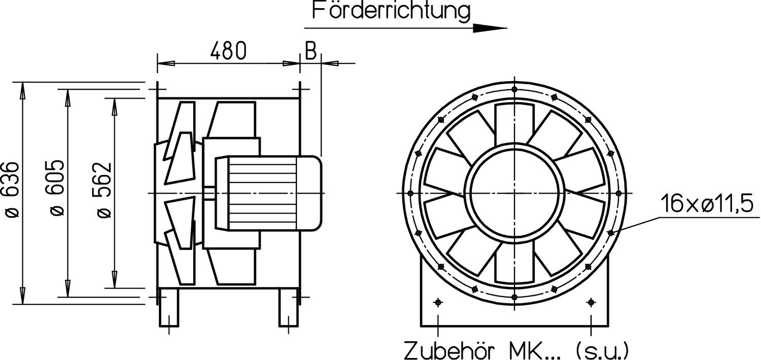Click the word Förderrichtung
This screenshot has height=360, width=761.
tap(391, 11)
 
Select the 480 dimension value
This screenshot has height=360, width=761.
tap(228, 51)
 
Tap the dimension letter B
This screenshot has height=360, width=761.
tap(310, 51)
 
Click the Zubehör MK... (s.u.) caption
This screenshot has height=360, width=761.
tap(516, 349)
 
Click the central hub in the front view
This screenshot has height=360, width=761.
tap(514, 193)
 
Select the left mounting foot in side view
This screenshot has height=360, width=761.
tap(169, 308)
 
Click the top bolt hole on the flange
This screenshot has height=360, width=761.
tap(514, 89)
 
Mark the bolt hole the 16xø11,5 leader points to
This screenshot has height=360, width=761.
tap(610, 233)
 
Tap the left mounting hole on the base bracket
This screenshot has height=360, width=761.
tap(438, 303)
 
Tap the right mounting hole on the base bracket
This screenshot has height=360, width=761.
tap(591, 303)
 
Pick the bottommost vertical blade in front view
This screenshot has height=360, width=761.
tap(514, 263)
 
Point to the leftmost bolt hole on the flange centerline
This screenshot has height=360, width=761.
tap(410, 193)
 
